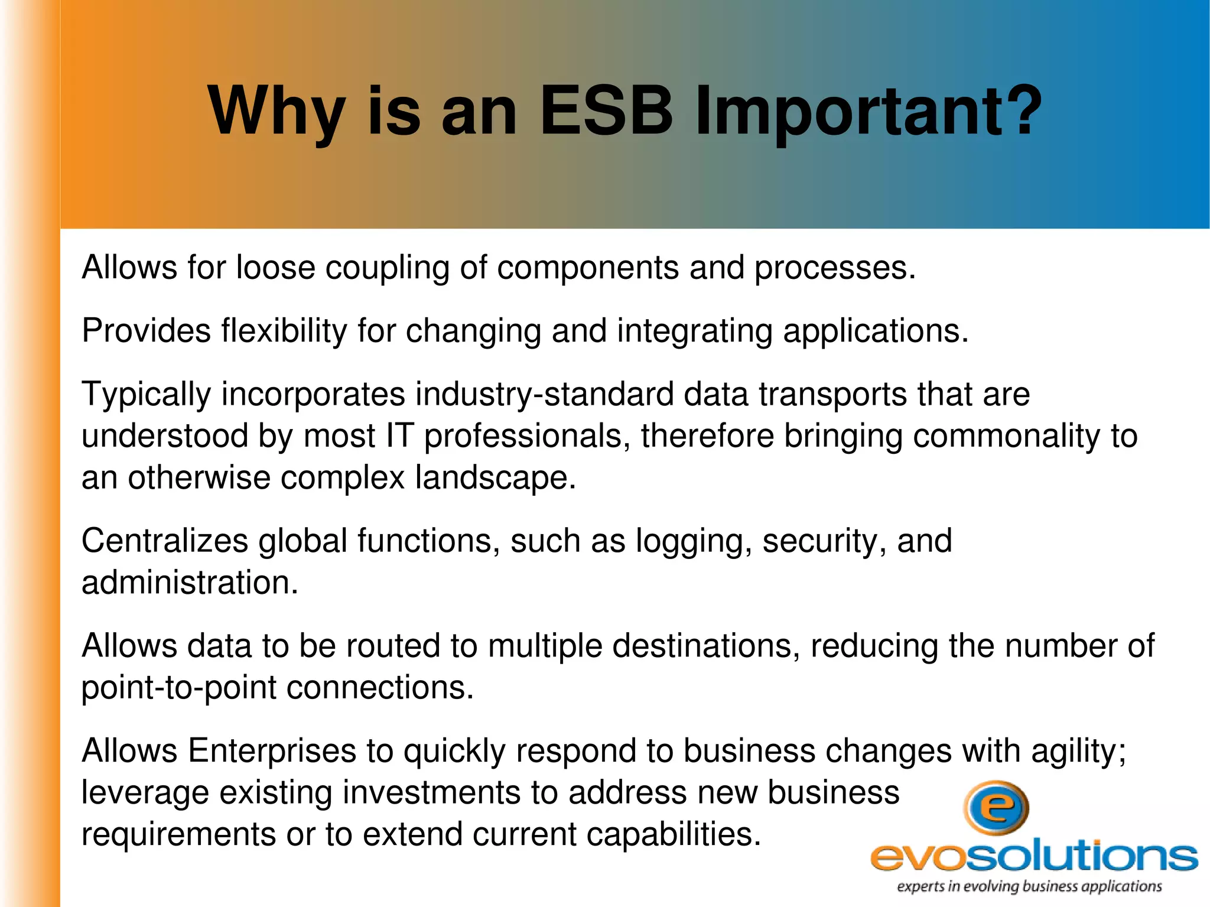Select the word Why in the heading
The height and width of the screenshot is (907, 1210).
[x=276, y=111]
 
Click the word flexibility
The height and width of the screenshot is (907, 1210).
[x=284, y=331]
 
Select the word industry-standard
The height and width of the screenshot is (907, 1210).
[x=544, y=394]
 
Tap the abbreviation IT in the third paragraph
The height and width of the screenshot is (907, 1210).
[x=399, y=436]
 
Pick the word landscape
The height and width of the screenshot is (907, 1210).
[x=495, y=477]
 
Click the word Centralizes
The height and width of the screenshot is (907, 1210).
[x=164, y=541]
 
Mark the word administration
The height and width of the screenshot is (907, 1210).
[x=189, y=583]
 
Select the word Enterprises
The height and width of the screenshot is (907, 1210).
[x=272, y=751]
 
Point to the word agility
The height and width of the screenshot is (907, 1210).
[x=1078, y=751]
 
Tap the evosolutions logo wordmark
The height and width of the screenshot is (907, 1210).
[x=1034, y=856]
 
